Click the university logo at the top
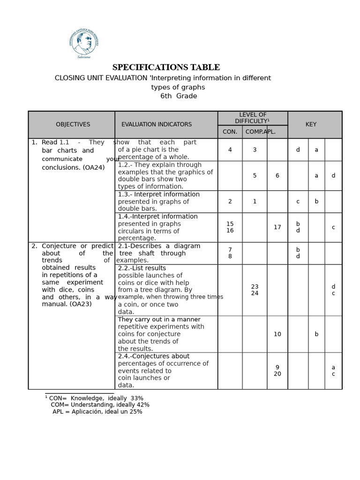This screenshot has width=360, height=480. (83, 44)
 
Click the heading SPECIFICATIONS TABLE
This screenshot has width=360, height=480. (166, 67)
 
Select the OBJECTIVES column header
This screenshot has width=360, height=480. (73, 125)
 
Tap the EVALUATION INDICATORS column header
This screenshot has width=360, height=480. (157, 125)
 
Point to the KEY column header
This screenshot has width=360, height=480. (311, 125)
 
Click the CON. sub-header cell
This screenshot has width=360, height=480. (230, 132)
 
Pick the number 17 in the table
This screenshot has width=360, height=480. (277, 227)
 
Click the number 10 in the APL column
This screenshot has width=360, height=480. (277, 334)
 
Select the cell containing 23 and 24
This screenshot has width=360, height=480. (255, 290)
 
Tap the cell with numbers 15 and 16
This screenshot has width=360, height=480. (230, 227)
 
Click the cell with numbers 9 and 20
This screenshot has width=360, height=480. (277, 371)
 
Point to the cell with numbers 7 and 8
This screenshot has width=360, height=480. (230, 253)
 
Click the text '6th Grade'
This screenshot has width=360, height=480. (179, 96)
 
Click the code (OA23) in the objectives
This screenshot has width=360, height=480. (80, 304)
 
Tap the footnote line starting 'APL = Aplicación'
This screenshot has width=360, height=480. (97, 412)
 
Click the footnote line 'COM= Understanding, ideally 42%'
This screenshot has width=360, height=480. (100, 405)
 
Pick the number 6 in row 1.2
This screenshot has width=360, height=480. (277, 176)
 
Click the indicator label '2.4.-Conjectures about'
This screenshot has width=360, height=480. (154, 356)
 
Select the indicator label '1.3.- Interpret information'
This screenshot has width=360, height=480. (158, 195)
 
